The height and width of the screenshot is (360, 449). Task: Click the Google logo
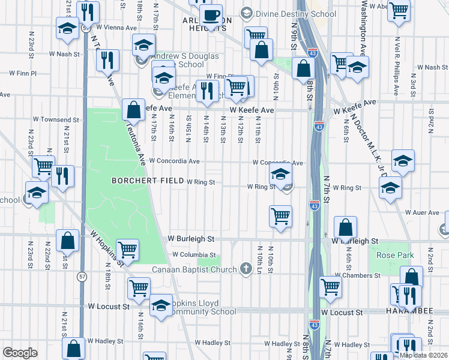point(20,353)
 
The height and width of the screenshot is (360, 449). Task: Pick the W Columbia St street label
point(193,254)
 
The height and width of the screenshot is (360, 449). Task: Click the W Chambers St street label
point(358,275)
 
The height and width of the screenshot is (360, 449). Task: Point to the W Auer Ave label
point(424,212)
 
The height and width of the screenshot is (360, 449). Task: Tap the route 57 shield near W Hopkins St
point(82,276)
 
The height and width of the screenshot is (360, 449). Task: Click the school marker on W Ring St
point(280,175)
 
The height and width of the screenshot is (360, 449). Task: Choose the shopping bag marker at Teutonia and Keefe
point(133,110)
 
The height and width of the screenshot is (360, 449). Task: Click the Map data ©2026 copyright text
point(423,355)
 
